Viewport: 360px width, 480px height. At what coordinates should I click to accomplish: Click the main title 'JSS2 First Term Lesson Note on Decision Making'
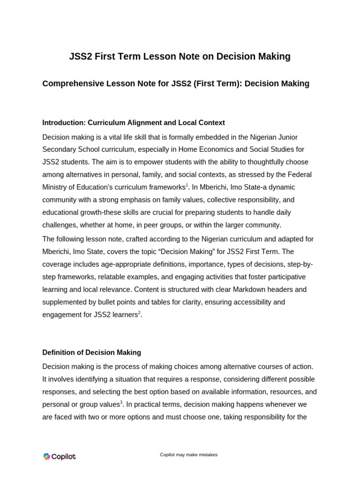point(180,57)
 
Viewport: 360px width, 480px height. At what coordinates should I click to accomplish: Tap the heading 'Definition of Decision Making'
point(91,352)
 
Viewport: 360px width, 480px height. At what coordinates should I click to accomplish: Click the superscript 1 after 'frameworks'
point(187,185)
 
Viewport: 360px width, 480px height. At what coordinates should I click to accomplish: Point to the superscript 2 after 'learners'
point(139,313)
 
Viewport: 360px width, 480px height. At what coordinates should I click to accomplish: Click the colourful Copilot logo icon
point(47,457)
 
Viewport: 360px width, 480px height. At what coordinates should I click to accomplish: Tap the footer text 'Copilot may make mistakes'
point(188,455)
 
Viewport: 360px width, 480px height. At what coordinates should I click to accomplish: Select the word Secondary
point(62,150)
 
